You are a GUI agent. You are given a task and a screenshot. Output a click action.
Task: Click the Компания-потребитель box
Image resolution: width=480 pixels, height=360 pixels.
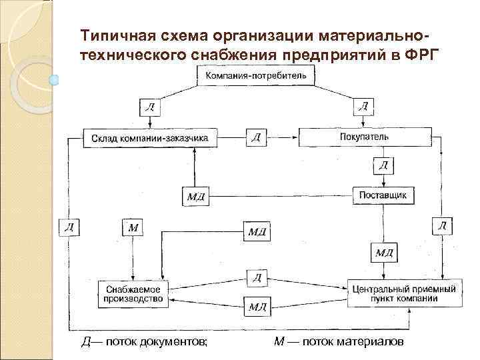click(256, 76)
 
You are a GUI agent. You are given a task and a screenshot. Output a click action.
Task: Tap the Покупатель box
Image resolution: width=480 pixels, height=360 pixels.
click(364, 137)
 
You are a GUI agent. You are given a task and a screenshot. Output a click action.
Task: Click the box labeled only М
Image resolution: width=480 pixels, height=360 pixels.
click(133, 227)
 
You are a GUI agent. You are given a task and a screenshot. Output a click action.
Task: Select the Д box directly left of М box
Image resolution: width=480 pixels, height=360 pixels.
click(69, 227)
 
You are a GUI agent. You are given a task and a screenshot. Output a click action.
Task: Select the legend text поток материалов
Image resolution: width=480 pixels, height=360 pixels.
click(353, 342)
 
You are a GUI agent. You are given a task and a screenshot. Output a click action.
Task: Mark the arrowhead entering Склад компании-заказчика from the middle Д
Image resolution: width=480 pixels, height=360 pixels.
click(221, 138)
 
